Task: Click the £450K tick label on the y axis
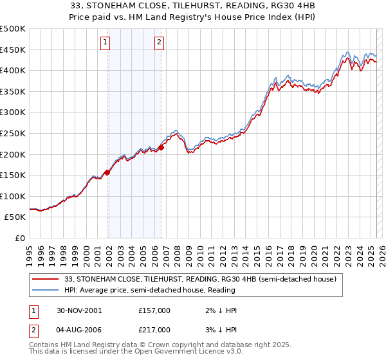[13, 50]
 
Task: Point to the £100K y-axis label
[13, 196]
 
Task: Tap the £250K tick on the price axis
[13, 133]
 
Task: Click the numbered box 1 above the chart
[105, 43]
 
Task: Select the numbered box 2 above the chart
[158, 43]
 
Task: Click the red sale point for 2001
[107, 172]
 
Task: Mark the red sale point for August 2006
[161, 147]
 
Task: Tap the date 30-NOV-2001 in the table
[79, 310]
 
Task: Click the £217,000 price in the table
[154, 329]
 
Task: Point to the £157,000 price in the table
[154, 310]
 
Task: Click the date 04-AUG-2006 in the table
[79, 329]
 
